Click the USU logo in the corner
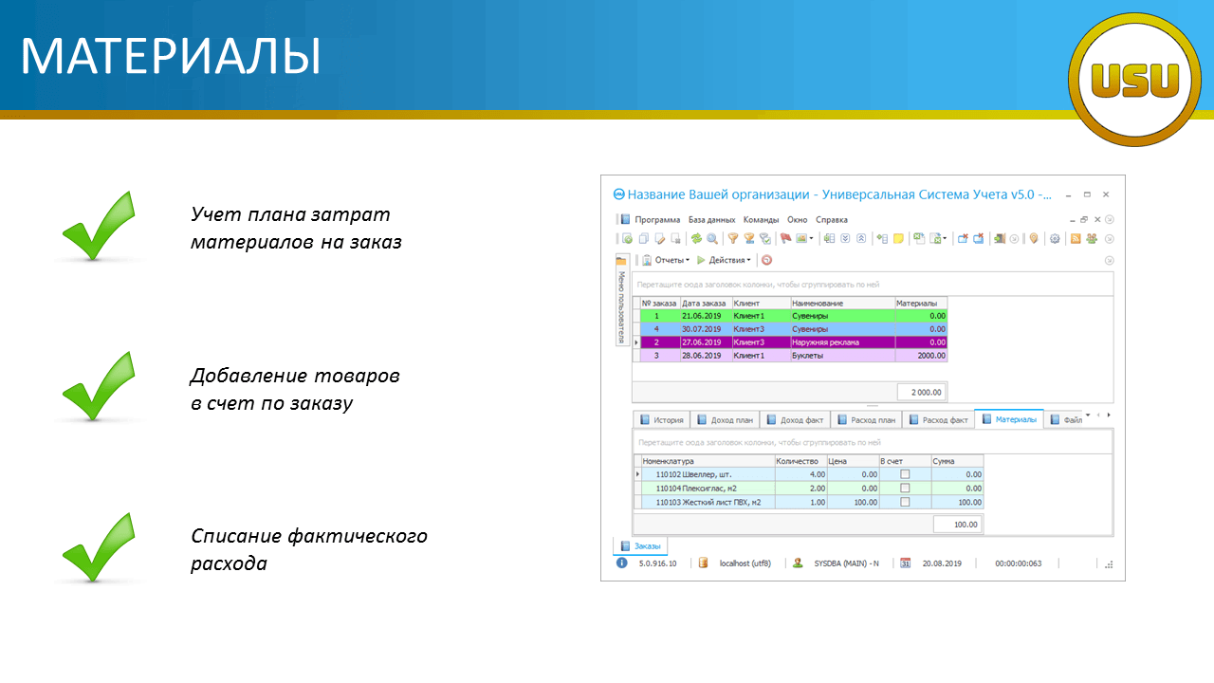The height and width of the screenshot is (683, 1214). [1134, 80]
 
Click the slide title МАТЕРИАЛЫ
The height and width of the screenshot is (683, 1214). [171, 56]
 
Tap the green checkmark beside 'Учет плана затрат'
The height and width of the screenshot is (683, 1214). [99, 226]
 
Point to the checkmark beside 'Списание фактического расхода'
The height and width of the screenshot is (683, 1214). [99, 547]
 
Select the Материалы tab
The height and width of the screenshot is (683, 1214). [1009, 419]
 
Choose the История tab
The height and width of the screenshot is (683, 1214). [662, 420]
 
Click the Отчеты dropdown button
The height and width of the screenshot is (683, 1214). [666, 260]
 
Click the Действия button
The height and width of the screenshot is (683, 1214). [724, 260]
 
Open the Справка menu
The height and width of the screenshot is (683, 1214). [832, 219]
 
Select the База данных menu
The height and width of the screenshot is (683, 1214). [711, 219]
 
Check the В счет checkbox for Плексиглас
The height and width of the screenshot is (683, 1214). [905, 488]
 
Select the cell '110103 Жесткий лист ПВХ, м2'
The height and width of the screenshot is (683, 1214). [708, 503]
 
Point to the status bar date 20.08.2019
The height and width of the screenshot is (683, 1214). [942, 563]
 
